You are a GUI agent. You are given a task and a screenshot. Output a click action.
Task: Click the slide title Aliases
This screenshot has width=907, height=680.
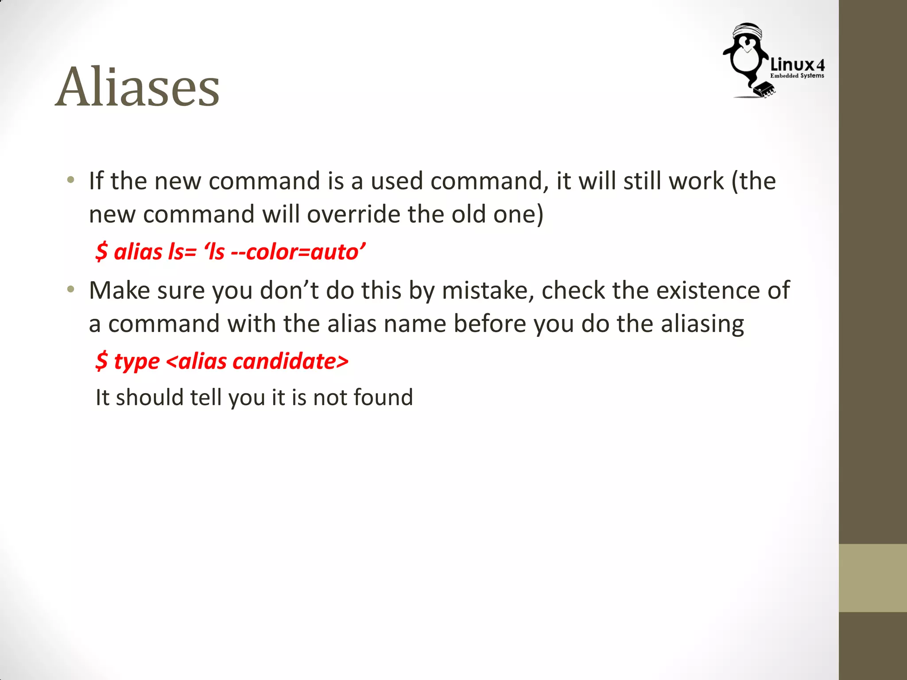pos(137,87)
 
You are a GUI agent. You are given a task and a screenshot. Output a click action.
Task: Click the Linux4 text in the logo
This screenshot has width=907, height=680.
pos(797,65)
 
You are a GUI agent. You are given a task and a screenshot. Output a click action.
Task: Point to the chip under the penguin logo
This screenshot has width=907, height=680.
pos(764,89)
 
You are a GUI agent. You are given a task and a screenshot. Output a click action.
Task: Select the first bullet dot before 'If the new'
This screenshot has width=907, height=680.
pos(70,180)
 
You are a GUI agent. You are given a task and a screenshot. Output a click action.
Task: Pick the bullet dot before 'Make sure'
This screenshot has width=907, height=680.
pos(70,290)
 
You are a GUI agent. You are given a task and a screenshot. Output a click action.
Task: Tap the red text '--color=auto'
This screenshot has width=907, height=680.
pos(294,252)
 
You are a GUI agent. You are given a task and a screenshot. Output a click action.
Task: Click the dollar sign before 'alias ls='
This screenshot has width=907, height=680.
pos(101,252)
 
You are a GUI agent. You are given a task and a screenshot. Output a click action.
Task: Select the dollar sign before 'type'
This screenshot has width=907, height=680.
pos(101,361)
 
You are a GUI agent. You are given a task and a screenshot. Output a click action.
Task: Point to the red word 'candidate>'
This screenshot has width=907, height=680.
pos(291,361)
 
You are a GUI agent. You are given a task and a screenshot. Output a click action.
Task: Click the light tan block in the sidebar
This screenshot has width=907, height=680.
pos(872,578)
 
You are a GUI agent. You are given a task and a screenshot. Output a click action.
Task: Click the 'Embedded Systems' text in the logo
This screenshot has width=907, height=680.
pos(797,76)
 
